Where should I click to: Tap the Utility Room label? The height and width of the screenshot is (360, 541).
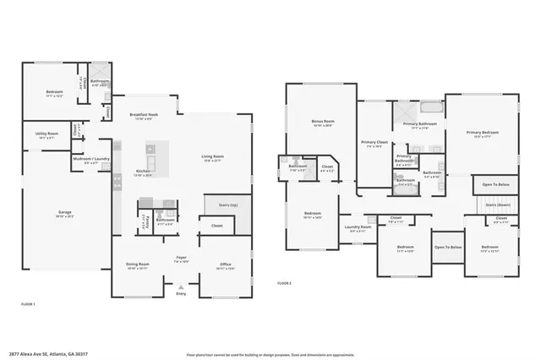(46, 134)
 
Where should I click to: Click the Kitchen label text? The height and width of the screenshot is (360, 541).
(143, 172)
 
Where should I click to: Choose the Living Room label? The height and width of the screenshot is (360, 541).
(211, 156)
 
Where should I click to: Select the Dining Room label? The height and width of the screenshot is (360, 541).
(138, 264)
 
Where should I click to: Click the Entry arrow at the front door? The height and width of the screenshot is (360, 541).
(180, 287)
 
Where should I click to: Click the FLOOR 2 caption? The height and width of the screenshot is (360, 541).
(284, 283)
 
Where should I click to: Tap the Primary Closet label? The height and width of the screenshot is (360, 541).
(374, 143)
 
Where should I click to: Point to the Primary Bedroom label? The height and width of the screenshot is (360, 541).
(483, 132)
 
